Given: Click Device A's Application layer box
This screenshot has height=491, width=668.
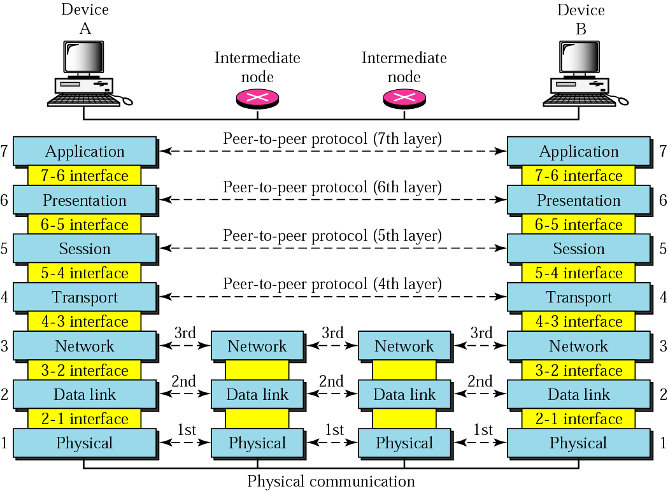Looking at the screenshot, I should (85, 152).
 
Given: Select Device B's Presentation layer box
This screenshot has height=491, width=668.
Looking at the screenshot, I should (578, 200).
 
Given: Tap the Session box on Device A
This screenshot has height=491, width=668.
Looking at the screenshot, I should (85, 248).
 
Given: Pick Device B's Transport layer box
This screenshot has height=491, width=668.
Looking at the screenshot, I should (578, 297).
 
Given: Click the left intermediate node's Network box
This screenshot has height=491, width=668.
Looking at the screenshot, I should (257, 346).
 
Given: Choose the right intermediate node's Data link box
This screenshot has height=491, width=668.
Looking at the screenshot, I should (404, 395).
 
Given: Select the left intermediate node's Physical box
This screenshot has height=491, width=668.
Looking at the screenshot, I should (257, 443).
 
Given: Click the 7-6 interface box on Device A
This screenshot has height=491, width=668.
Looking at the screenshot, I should (85, 176).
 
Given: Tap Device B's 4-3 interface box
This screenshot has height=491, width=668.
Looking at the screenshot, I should (578, 322).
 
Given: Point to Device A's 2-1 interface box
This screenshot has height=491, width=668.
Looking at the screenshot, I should (85, 419).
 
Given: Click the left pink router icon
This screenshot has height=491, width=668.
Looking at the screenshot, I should (257, 97).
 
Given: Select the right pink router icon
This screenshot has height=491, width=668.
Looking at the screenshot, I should (404, 97).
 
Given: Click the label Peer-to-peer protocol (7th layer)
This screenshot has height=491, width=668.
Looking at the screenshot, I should (332, 138).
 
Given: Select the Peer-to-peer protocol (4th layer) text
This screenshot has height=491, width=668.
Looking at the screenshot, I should (332, 284).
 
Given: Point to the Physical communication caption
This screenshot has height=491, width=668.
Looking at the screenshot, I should (331, 481).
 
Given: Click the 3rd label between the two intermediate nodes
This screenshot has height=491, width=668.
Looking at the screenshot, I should (331, 332).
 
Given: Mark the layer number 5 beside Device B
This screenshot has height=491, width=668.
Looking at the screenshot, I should (663, 248).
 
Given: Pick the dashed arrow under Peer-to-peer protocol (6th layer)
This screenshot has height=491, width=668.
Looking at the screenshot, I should (332, 200).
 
